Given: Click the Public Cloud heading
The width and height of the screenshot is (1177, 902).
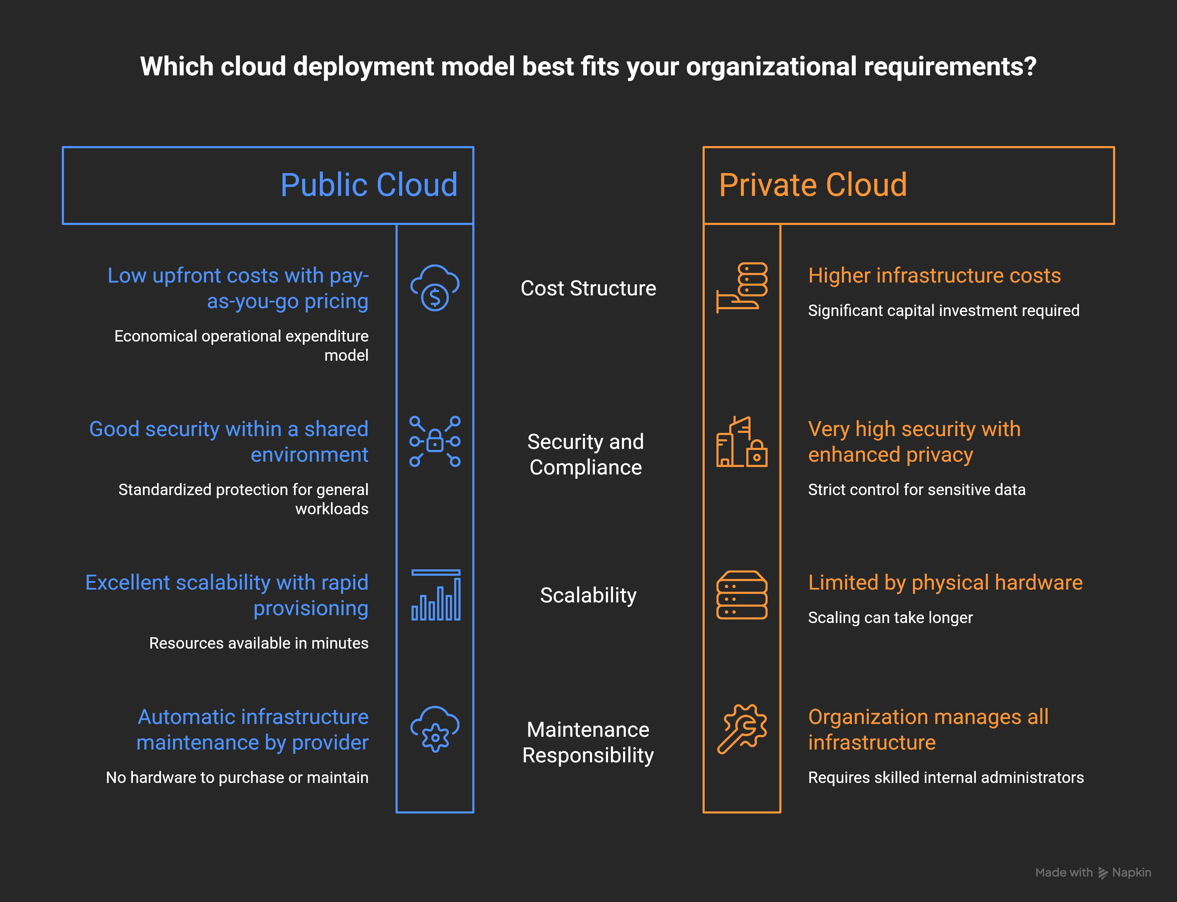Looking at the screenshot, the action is pos(369,185).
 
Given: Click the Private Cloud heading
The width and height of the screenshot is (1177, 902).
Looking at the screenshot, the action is pos(813,185).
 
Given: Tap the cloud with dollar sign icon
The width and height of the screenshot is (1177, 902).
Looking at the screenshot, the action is pos(435,288).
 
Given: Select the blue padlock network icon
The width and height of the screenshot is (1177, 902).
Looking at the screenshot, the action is pos(435,441).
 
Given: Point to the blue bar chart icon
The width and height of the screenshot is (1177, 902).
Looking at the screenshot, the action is pos(436,595).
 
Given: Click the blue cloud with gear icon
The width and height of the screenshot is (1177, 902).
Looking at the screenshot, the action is pos(435,729).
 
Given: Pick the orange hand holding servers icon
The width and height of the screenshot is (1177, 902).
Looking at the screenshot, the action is pos(742,288).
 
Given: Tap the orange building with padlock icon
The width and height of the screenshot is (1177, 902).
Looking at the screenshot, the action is pos(742,441).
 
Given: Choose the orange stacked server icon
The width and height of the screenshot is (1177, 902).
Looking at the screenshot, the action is pos(742,595).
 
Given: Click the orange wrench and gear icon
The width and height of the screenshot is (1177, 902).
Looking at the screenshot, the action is pos(742,729).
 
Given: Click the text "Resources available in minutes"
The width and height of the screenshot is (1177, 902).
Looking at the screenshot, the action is pos(259,643).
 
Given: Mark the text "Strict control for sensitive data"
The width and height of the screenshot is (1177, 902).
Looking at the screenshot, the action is pos(917,490).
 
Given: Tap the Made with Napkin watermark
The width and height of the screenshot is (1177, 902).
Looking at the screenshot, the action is pos(1093,873).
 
